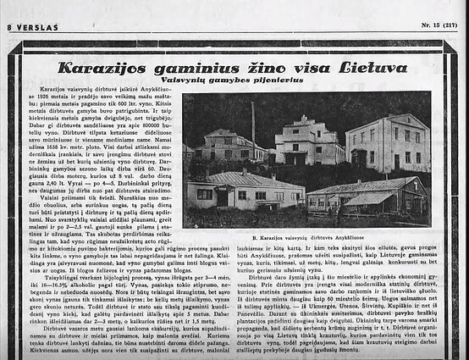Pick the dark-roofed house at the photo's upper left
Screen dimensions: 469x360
(x=218, y=144)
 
